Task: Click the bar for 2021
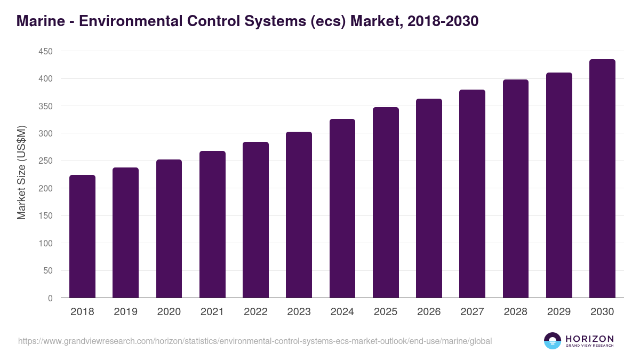click(x=212, y=224)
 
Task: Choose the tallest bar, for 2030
click(x=602, y=178)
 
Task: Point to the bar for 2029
click(x=559, y=185)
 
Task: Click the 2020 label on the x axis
click(x=169, y=312)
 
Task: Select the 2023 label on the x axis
click(x=299, y=312)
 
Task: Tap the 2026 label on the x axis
click(x=429, y=312)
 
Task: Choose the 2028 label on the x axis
click(x=515, y=312)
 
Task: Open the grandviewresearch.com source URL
click(x=255, y=341)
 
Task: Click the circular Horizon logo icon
click(x=553, y=341)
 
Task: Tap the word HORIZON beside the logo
click(x=590, y=338)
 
